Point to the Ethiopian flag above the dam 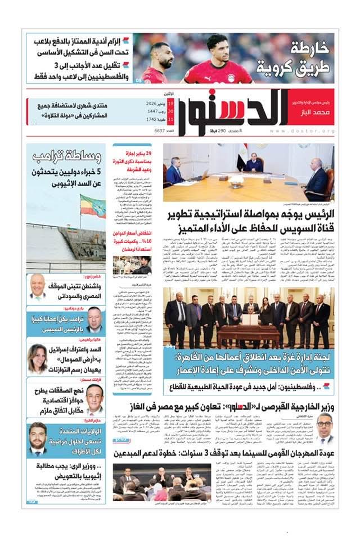click(x=92, y=206)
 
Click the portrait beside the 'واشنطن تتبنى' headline click(x=38, y=286)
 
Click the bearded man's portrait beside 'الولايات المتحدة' click(x=38, y=436)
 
